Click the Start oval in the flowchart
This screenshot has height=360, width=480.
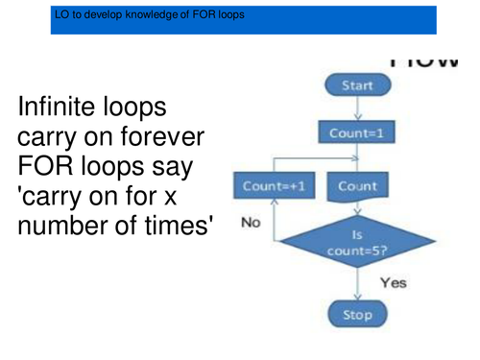(x=357, y=85)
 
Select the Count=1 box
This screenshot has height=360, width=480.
(x=356, y=133)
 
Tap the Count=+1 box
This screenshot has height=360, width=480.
(x=268, y=186)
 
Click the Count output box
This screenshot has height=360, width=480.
(x=358, y=185)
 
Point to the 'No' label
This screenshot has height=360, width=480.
(x=251, y=222)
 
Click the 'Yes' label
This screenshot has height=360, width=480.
(x=394, y=283)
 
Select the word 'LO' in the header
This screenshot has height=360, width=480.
(x=63, y=16)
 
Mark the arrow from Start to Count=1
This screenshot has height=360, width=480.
(x=357, y=109)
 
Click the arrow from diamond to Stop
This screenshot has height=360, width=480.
(x=357, y=283)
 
